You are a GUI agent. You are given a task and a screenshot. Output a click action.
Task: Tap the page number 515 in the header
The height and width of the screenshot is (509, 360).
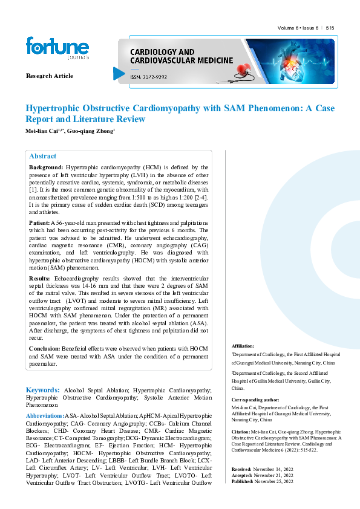pyautogui.click(x=330, y=28)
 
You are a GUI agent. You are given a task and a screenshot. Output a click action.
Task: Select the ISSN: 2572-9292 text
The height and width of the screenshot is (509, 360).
pyautogui.click(x=149, y=77)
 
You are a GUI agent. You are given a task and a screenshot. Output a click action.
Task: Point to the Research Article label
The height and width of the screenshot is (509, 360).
pyautogui.click(x=50, y=76)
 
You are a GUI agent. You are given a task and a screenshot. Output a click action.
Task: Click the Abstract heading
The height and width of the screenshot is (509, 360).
pyautogui.click(x=42, y=156)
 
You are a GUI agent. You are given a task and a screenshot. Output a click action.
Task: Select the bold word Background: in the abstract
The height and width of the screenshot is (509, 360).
pyautogui.click(x=46, y=167)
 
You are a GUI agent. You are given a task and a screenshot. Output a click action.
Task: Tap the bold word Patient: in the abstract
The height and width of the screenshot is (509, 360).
pyautogui.click(x=40, y=223)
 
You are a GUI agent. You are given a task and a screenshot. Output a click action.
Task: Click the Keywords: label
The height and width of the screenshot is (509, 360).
pyautogui.click(x=42, y=391)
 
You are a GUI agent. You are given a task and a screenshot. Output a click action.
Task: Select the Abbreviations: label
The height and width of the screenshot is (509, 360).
pyautogui.click(x=45, y=416)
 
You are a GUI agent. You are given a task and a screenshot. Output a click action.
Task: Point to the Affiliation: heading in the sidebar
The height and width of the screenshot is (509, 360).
pyautogui.click(x=243, y=346)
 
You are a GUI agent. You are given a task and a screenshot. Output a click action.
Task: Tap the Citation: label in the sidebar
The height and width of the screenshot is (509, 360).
pyautogui.click(x=242, y=432)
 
